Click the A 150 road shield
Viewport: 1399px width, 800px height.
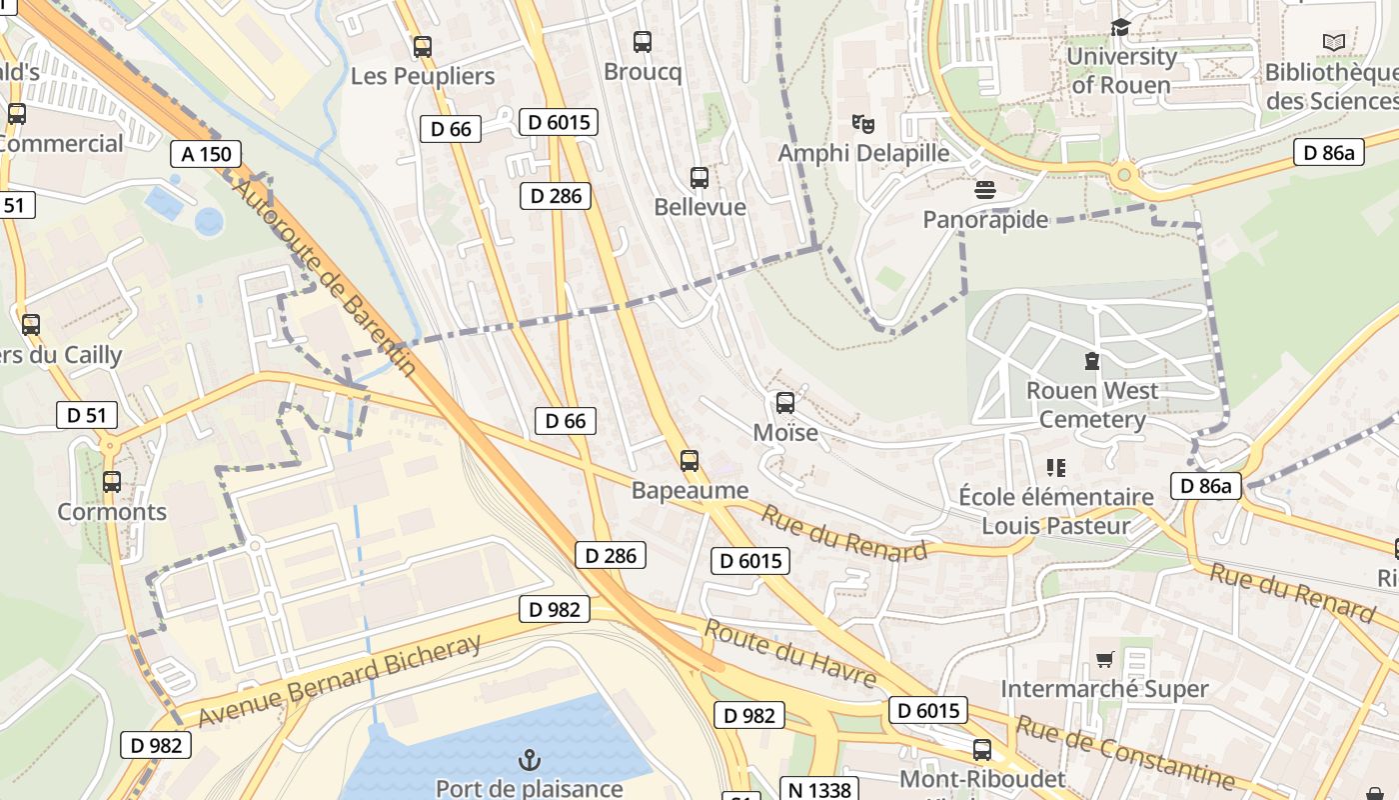(x=206, y=154)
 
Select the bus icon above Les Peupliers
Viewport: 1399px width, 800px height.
(x=423, y=46)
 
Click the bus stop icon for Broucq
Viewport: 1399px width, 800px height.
(x=643, y=42)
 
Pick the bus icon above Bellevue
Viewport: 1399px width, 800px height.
(x=699, y=178)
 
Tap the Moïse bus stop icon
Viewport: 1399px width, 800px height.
(x=785, y=403)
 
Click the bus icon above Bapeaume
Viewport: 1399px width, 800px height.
(x=690, y=461)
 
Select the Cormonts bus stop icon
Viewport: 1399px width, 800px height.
(x=112, y=482)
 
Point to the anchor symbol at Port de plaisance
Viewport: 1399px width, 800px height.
(x=529, y=761)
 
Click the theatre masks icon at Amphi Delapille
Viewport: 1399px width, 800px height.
(x=863, y=124)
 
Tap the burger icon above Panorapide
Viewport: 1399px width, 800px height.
(x=985, y=190)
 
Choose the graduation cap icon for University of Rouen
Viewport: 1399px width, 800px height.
(x=1120, y=28)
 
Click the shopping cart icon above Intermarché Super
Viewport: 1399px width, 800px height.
(x=1104, y=659)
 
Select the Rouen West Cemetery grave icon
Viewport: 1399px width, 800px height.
(x=1092, y=361)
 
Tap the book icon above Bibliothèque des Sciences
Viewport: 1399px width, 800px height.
(x=1334, y=42)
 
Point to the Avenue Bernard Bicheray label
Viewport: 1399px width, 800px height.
(x=340, y=680)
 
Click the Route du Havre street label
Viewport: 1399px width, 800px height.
(x=790, y=654)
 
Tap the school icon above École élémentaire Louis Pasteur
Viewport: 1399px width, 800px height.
(x=1056, y=467)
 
